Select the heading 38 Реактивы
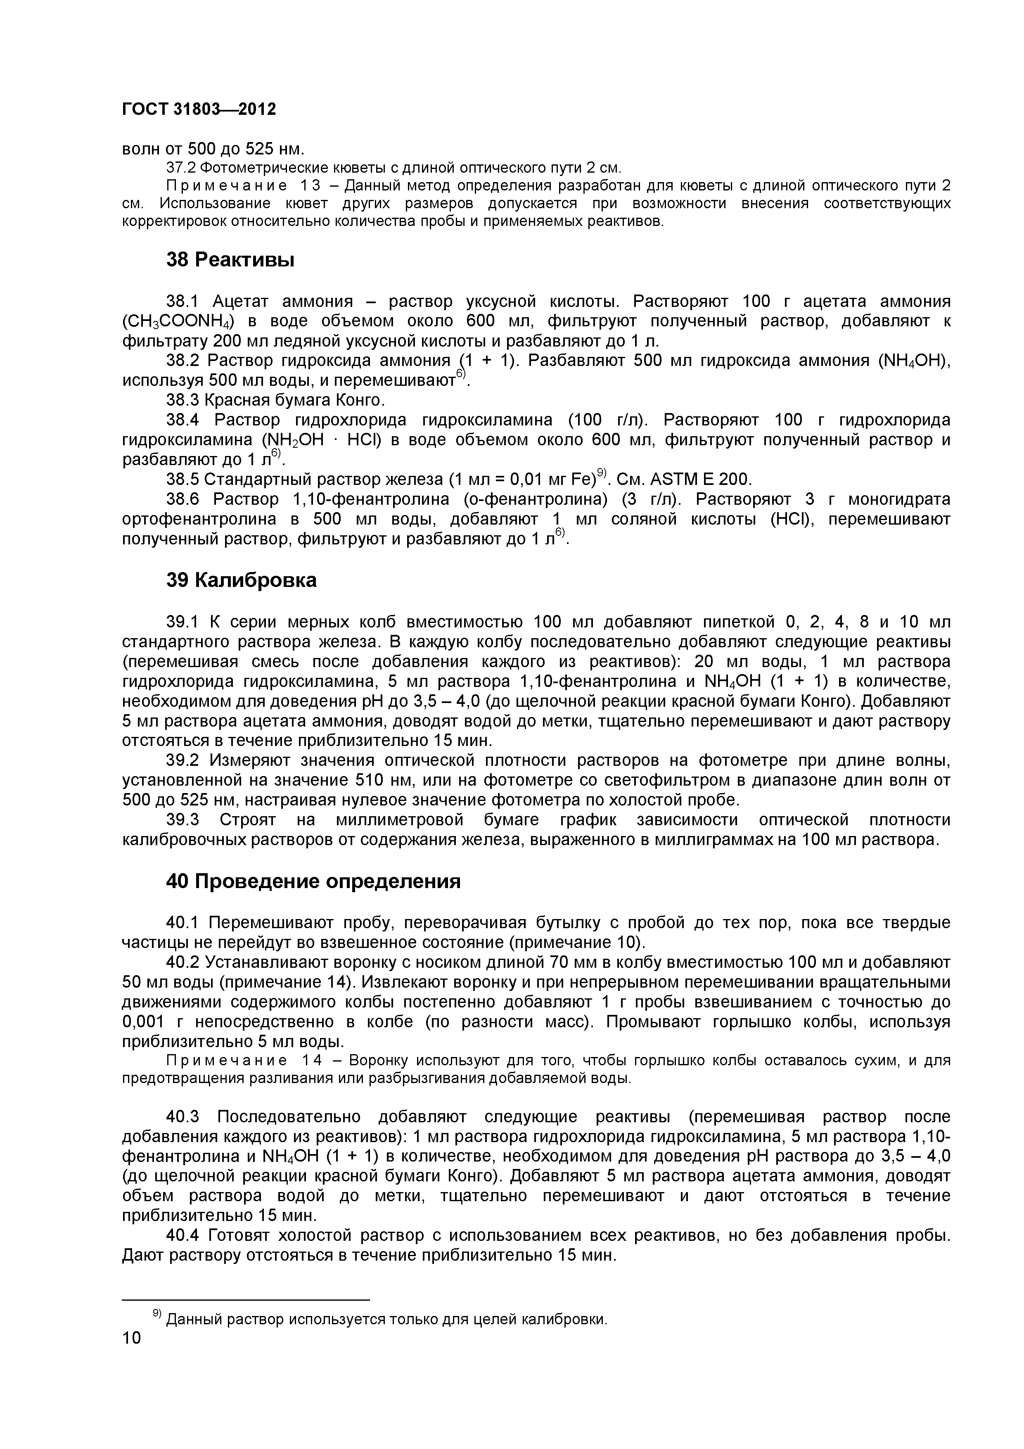point(230,259)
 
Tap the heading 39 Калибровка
point(241,580)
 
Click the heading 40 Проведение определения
point(313,881)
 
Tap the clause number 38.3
point(183,400)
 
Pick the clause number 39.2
point(183,760)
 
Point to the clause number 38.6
point(183,499)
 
